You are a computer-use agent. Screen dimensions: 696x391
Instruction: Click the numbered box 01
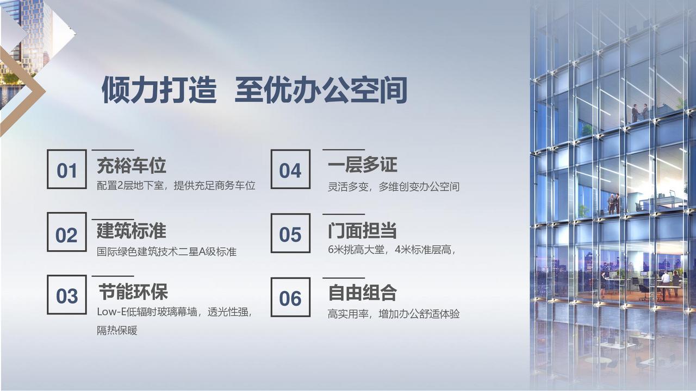(67, 169)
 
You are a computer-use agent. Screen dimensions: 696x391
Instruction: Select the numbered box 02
(67, 232)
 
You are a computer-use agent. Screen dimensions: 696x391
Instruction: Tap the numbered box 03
(67, 294)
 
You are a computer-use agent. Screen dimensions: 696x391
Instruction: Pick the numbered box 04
(290, 169)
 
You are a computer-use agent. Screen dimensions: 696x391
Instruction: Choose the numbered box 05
(290, 233)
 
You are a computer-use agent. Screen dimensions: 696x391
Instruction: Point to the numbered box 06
(290, 297)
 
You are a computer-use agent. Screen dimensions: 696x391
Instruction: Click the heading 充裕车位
(132, 165)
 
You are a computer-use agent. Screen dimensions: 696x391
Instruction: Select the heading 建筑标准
(132, 231)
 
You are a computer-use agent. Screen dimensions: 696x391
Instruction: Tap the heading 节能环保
(133, 292)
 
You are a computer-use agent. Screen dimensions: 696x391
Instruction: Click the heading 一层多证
(363, 165)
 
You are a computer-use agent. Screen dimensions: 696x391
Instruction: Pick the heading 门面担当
(363, 231)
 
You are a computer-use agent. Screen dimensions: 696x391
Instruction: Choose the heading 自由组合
(363, 293)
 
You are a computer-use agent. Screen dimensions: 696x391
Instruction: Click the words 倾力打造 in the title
(159, 90)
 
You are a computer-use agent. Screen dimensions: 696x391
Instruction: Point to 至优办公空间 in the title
(321, 90)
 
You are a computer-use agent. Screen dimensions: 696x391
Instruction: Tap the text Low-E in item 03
(111, 312)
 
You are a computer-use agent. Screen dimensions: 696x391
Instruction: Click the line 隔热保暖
(117, 330)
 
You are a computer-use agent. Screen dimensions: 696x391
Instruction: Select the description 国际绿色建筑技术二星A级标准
(166, 251)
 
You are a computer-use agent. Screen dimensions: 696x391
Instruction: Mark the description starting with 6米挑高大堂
(392, 249)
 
